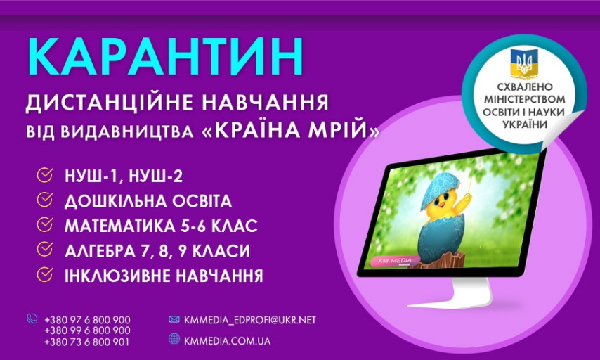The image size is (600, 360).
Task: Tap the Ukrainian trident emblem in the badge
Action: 521,61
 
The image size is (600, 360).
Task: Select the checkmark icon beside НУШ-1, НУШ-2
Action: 45,175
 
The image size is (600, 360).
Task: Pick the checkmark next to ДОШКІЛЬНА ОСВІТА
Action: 45,200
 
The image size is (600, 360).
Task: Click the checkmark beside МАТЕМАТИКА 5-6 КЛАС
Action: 45,225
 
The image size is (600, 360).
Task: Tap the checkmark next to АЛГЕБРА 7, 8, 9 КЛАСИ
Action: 45,250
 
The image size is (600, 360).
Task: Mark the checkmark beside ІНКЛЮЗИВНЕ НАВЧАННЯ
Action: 45,275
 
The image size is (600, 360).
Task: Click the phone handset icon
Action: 32,319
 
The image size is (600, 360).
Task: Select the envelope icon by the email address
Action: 174,319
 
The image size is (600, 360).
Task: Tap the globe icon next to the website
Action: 174,338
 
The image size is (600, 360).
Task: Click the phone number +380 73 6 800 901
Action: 87,342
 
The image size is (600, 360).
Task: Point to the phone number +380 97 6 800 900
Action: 87,320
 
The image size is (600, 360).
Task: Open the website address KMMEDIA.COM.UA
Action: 228,341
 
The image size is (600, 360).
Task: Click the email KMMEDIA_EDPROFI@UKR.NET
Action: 250,320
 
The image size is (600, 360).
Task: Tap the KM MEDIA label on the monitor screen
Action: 396,261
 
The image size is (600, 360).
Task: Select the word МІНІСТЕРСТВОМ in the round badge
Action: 525,99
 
